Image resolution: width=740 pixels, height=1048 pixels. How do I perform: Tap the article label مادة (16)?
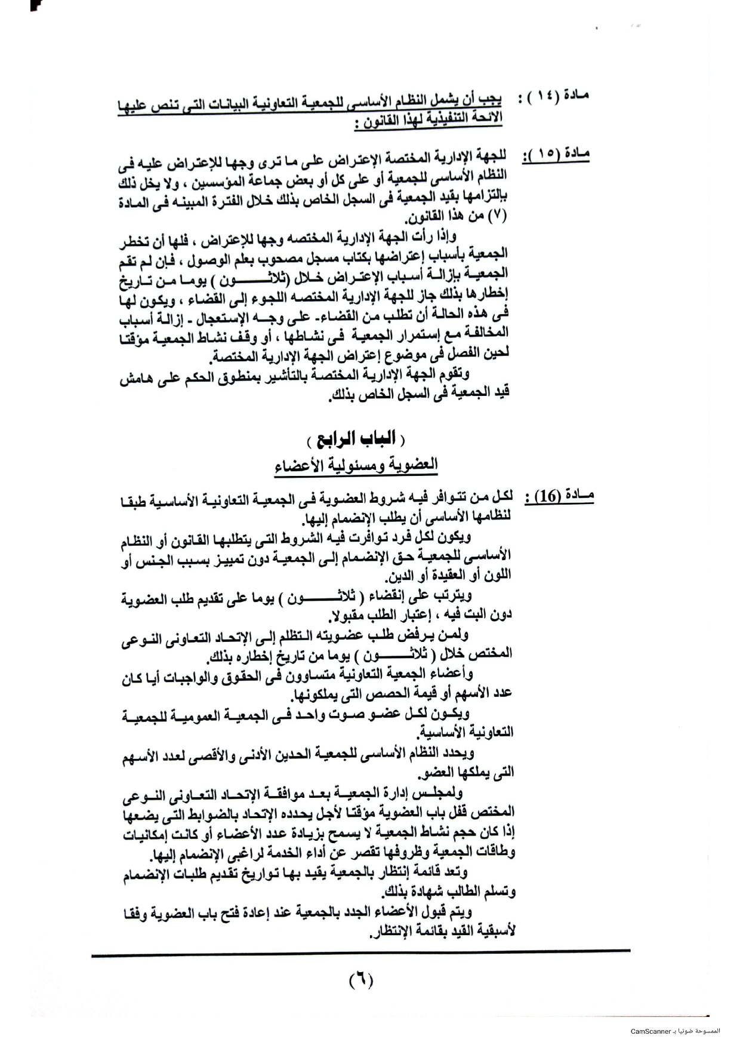558,497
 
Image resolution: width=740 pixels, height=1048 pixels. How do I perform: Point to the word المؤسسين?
245,177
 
